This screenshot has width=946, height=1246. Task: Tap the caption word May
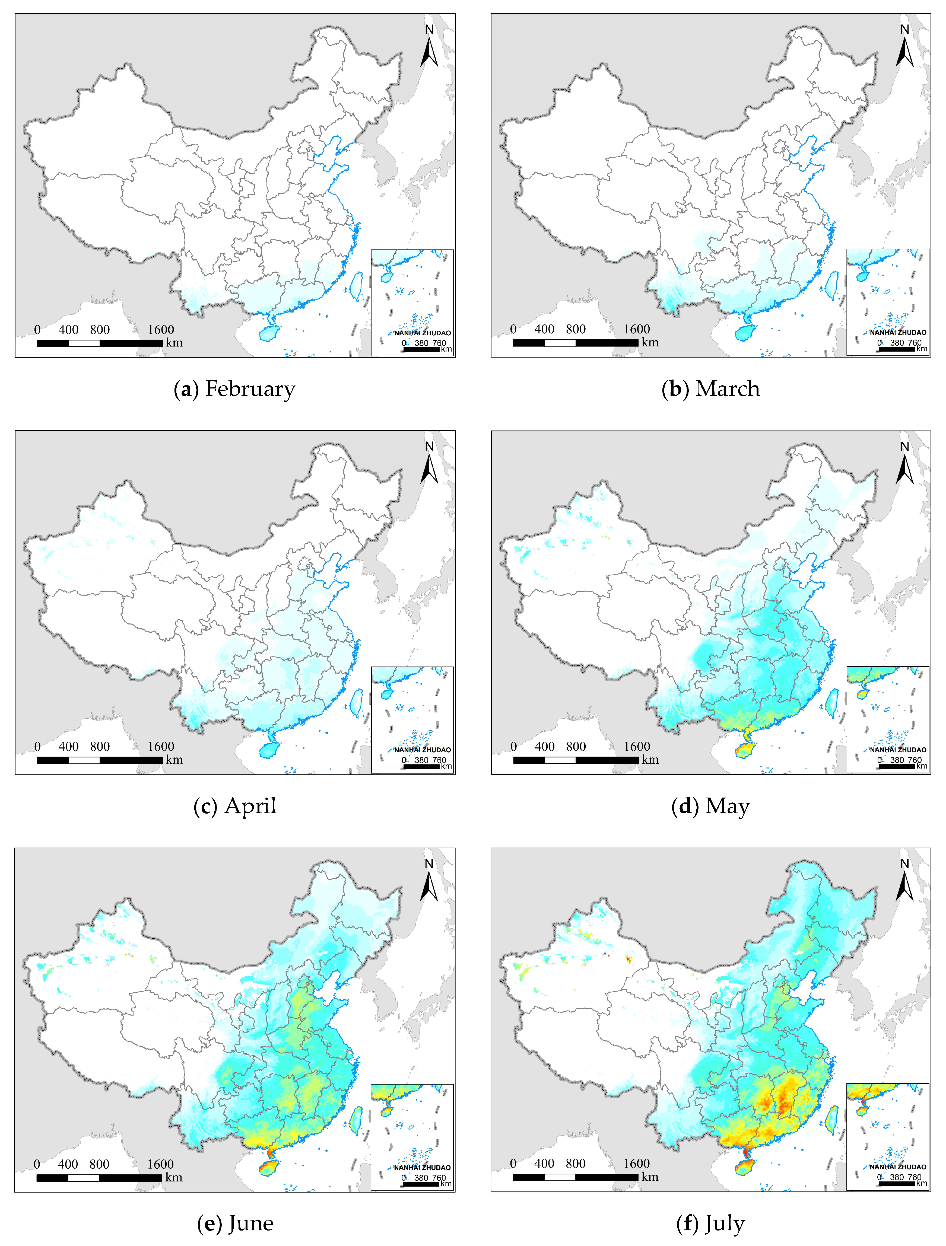[x=727, y=807]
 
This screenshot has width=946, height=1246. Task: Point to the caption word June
[x=251, y=1223]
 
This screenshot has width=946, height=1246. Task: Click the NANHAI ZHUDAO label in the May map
[x=897, y=750]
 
